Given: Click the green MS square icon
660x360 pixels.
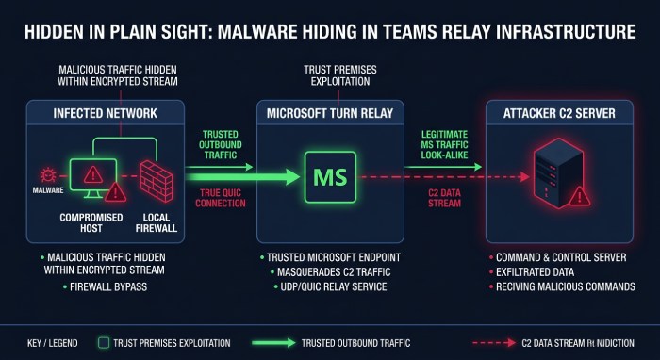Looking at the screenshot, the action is tap(330, 177).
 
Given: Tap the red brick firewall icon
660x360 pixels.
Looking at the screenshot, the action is tap(157, 180).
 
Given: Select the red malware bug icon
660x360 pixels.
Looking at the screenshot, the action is tap(48, 174).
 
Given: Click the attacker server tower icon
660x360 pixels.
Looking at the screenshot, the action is tap(558, 172).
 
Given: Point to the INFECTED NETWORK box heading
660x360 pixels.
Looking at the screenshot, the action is tap(106, 113).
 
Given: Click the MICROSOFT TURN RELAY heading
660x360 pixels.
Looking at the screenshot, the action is tap(330, 113).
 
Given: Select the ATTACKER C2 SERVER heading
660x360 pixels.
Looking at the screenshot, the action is tap(559, 113).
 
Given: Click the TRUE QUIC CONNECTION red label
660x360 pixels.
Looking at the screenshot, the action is tap(221, 198).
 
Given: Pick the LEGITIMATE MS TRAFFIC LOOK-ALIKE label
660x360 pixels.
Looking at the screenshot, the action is tap(445, 145).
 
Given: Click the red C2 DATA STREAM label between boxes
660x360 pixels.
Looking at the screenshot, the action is tap(444, 198).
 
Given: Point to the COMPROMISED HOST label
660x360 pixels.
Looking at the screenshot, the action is tap(91, 223).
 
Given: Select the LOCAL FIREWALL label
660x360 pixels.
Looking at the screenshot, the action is tap(157, 223).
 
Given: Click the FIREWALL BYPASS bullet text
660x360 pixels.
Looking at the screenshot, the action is tap(108, 286).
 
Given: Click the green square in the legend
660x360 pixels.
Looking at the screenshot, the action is tap(103, 343).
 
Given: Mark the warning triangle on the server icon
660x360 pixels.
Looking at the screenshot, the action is tap(580, 196).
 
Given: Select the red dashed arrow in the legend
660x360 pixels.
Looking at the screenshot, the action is tap(494, 343).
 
